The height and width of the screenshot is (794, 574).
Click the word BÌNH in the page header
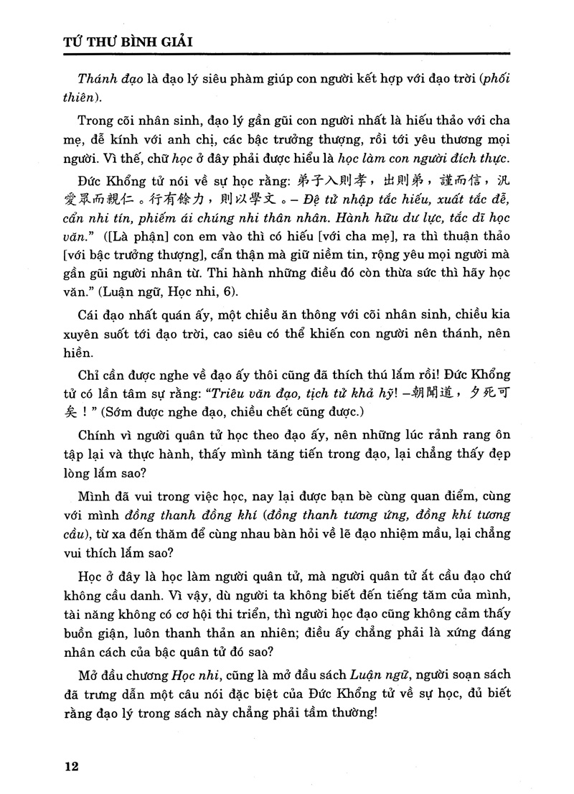pos(125,42)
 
